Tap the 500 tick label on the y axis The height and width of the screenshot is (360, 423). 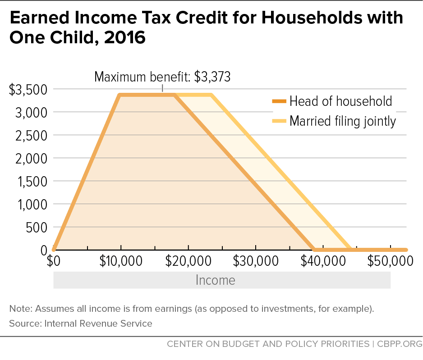(37, 228)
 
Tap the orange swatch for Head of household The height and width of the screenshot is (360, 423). (279, 101)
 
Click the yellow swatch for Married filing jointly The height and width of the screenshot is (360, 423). (279, 121)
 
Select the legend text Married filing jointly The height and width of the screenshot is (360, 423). (343, 121)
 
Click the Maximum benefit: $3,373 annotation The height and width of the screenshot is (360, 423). (162, 77)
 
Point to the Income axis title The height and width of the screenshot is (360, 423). (216, 280)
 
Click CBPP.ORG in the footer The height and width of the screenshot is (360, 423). (399, 344)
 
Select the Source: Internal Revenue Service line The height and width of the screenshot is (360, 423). (81, 323)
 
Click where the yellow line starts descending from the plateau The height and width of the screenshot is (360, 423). (211, 95)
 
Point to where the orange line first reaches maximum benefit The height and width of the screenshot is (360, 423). (120, 95)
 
